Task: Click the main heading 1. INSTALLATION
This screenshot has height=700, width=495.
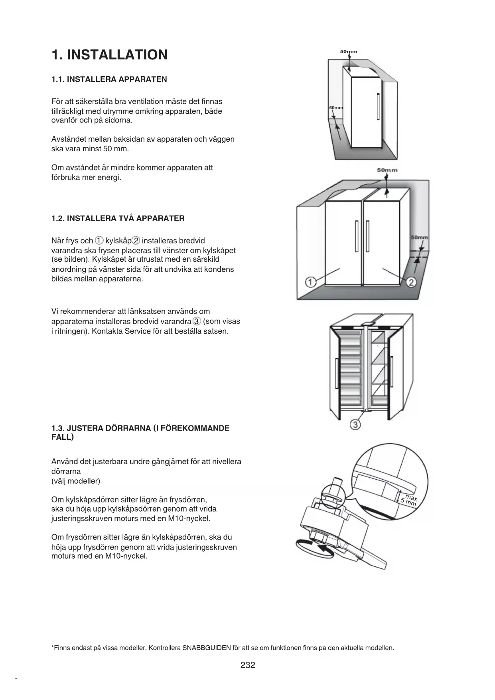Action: [110, 55]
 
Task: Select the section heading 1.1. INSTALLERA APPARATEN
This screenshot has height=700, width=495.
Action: [109, 79]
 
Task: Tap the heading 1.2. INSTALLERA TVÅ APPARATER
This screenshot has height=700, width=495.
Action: [118, 218]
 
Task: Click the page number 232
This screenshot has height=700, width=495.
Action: [248, 665]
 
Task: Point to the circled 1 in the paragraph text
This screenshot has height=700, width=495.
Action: [99, 241]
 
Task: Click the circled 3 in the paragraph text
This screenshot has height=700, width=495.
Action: [196, 321]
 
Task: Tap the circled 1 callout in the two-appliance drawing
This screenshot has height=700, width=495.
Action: [310, 282]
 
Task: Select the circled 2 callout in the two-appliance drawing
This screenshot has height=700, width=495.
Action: [412, 283]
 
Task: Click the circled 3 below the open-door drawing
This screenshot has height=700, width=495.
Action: [355, 424]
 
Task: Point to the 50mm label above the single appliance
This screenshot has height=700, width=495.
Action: [349, 51]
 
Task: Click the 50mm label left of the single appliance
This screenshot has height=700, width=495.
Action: [335, 108]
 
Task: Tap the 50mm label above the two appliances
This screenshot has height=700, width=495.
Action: [387, 170]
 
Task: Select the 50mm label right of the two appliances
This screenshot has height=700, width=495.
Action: [419, 237]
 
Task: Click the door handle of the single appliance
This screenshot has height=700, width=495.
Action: [378, 106]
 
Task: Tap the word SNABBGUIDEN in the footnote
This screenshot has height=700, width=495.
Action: [207, 648]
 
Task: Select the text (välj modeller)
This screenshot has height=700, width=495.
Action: [76, 481]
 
